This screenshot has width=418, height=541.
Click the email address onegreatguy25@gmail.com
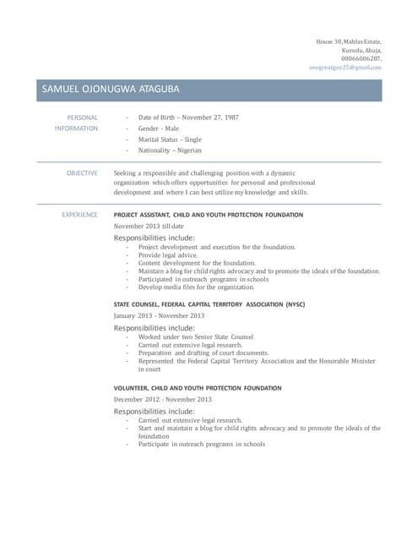[345, 67]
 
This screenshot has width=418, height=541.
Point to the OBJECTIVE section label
[82, 172]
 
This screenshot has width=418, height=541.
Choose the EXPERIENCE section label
[79, 215]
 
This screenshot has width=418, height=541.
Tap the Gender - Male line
[159, 128]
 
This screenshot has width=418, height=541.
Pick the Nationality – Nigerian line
[170, 150]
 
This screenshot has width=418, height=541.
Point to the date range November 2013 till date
[149, 227]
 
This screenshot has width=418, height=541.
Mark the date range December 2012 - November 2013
[163, 399]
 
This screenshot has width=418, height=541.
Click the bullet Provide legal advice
[168, 255]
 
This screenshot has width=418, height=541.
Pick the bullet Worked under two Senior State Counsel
[196, 336]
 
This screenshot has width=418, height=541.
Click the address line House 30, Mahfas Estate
[349, 41]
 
